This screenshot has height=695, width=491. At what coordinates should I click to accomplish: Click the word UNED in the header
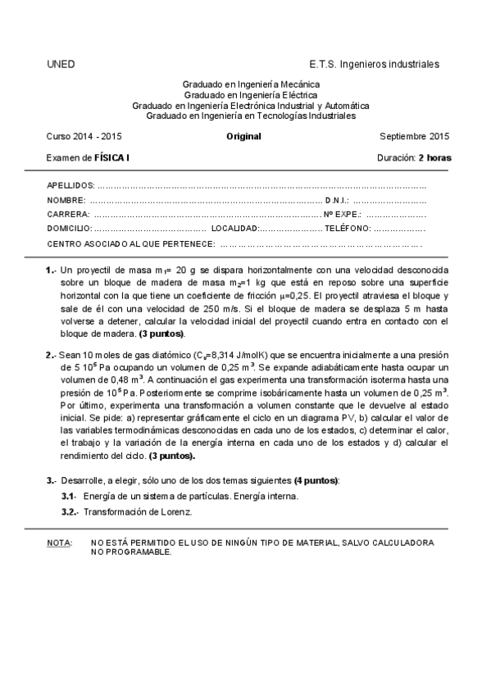pos(61,64)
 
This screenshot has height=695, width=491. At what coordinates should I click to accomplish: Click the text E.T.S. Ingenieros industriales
pos(374,64)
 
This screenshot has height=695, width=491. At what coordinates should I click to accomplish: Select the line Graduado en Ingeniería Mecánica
pos(251,84)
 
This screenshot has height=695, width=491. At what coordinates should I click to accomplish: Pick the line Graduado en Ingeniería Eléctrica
pos(251,95)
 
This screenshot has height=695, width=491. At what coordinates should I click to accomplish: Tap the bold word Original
pos(243,136)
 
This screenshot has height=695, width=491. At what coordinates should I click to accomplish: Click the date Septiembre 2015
pos(416,136)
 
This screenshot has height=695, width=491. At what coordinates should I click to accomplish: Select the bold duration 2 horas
pos(434,157)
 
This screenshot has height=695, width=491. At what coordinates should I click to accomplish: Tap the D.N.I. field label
pos(337,200)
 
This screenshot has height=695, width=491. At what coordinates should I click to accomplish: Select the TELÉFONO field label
pos(348,229)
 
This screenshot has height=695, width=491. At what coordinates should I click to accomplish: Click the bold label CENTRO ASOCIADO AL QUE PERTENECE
pos(131,243)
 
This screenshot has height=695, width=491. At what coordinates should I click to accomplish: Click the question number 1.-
pos(51,270)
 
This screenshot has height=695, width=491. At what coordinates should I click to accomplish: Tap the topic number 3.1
pos(69,497)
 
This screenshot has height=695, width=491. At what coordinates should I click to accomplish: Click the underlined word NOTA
pos(58,543)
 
